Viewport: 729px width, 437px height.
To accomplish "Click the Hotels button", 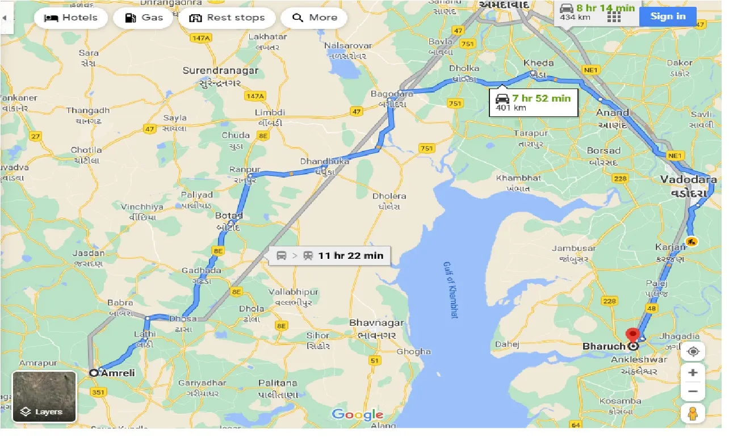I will click(x=71, y=18).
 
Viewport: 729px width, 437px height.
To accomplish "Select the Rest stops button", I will click(x=227, y=18).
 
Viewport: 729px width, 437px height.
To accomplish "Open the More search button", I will click(x=315, y=18).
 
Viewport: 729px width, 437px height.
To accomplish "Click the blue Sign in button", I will click(x=668, y=16).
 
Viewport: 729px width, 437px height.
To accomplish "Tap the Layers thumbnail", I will click(x=44, y=397).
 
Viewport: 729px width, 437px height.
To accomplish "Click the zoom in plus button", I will click(x=692, y=373).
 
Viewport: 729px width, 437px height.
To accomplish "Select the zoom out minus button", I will click(x=692, y=392).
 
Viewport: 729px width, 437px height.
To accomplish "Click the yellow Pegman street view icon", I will click(x=692, y=414).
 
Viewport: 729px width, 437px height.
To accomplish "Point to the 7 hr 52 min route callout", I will click(x=533, y=102).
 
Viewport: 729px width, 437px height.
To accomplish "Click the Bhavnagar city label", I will click(x=377, y=323).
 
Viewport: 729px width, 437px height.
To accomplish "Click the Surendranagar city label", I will click(x=220, y=71).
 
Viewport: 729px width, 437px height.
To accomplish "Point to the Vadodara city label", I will click(x=688, y=180).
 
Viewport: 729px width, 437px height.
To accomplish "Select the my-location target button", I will click(x=692, y=351).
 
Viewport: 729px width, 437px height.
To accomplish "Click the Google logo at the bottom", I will click(x=357, y=415).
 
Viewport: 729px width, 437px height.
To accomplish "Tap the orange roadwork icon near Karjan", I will click(x=691, y=242).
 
